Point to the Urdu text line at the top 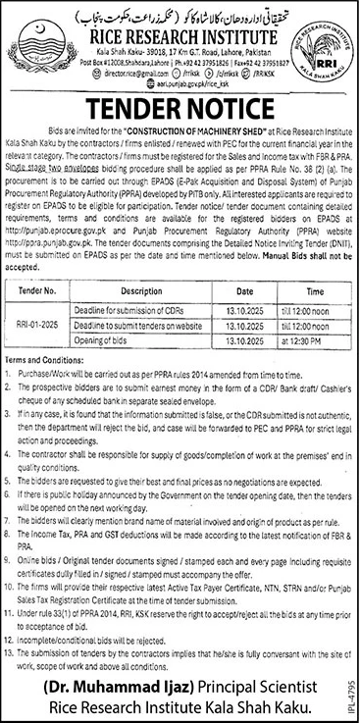tap(179, 11)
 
